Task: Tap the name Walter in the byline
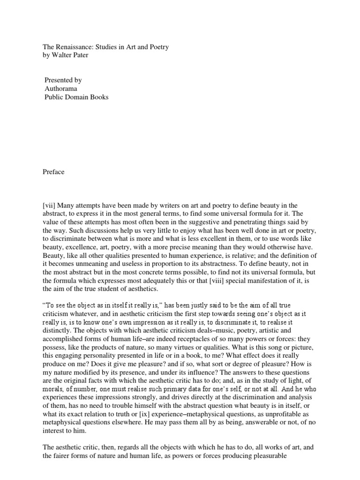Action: pyautogui.click(x=61, y=55)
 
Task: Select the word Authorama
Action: pyautogui.click(x=61, y=89)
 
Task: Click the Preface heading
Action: pyautogui.click(x=53, y=172)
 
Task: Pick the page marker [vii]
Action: pyautogui.click(x=50, y=206)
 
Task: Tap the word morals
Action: pyautogui.click(x=53, y=375)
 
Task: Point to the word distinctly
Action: pyautogui.click(x=59, y=316)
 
